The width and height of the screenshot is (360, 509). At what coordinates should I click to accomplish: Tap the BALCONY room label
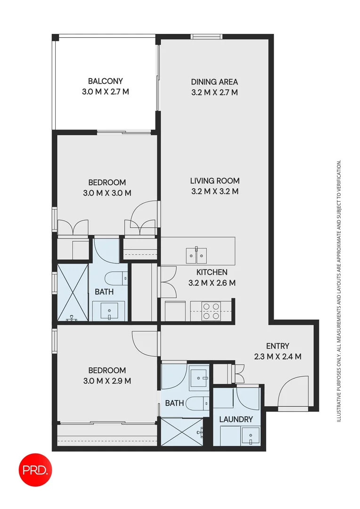click(x=105, y=81)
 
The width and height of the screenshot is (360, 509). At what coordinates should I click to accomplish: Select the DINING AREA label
click(x=214, y=82)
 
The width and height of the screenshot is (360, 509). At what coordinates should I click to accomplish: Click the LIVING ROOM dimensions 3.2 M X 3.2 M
click(x=214, y=191)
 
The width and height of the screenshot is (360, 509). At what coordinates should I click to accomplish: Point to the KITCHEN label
click(x=212, y=272)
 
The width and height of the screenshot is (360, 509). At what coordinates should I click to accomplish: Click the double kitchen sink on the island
click(x=196, y=255)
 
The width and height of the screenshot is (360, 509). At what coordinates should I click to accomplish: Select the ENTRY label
click(x=278, y=346)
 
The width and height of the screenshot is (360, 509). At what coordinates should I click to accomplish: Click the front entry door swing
click(x=295, y=391)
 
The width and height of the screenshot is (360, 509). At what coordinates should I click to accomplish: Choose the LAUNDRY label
click(x=236, y=419)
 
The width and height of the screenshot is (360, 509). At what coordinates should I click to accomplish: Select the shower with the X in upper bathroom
click(x=73, y=292)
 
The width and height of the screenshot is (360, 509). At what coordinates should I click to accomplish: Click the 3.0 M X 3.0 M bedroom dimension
click(x=107, y=193)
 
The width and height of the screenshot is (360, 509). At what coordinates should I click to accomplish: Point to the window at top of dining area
click(x=207, y=37)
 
